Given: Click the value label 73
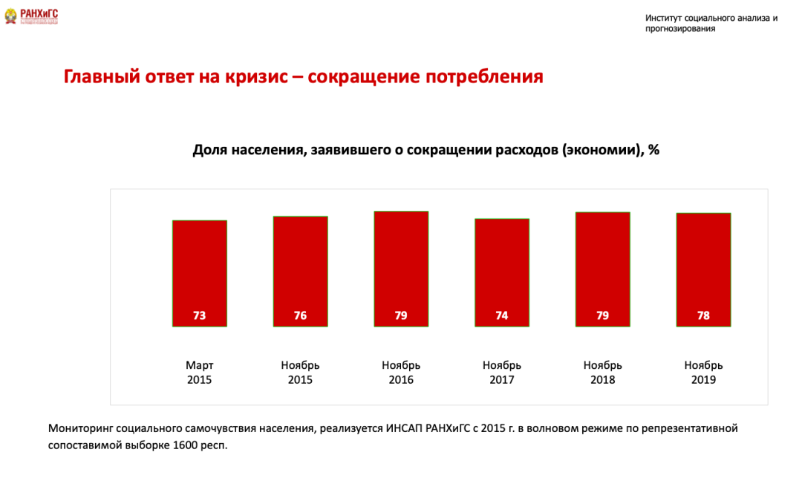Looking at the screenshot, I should [199, 315].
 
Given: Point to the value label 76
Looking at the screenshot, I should [300, 315].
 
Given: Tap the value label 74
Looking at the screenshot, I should [502, 315].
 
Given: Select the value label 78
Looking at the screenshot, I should [703, 315].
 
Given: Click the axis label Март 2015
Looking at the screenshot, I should [199, 373].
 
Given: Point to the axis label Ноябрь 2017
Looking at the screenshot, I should [502, 373].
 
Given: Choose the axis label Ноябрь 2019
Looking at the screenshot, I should [703, 373].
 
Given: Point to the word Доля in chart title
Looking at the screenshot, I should [209, 149].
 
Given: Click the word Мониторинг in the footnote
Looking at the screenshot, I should [81, 429].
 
